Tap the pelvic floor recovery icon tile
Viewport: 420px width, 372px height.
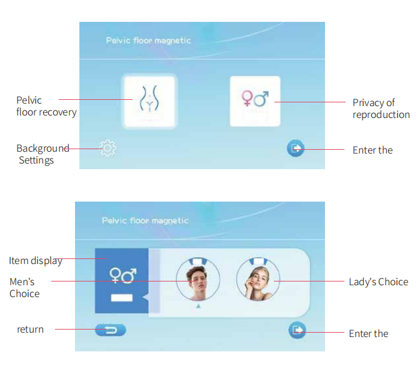pyautogui.click(x=149, y=102)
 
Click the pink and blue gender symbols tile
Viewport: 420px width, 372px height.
pyautogui.click(x=255, y=101)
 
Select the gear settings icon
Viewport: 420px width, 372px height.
pyautogui.click(x=107, y=148)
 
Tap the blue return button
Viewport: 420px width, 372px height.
pyautogui.click(x=111, y=330)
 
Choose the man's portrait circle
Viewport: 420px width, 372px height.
pyautogui.click(x=198, y=279)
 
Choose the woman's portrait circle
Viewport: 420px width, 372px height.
pyautogui.click(x=258, y=279)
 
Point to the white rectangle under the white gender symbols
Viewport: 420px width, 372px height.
pyautogui.click(x=122, y=298)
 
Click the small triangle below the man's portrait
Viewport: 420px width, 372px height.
pyautogui.click(x=198, y=306)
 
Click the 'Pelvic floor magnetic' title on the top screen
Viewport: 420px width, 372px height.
pyautogui.click(x=148, y=41)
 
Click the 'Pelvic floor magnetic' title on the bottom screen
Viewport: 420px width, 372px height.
pyautogui.click(x=145, y=220)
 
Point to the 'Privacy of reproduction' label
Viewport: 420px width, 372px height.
pyautogui.click(x=381, y=109)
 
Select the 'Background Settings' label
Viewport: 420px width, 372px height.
pyautogui.click(x=42, y=154)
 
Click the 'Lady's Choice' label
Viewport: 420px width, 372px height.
pyautogui.click(x=379, y=282)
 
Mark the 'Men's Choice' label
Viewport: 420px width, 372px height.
pyautogui.click(x=24, y=288)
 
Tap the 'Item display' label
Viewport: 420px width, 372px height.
pyautogui.click(x=36, y=261)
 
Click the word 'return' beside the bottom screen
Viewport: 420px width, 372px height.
pyautogui.click(x=30, y=330)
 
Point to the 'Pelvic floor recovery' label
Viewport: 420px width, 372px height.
pyautogui.click(x=46, y=106)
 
